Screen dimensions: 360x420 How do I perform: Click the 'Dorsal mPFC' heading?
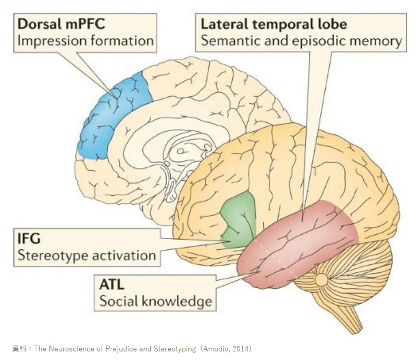[60, 24]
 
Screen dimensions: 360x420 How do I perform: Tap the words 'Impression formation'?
[86, 41]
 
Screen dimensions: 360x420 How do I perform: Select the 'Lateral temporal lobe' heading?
[273, 24]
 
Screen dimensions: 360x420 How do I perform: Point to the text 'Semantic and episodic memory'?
[300, 41]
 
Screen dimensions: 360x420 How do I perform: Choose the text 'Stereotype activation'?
[86, 255]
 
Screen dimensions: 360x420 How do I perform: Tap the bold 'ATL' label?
[112, 284]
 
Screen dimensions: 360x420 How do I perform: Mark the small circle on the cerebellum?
[322, 279]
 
